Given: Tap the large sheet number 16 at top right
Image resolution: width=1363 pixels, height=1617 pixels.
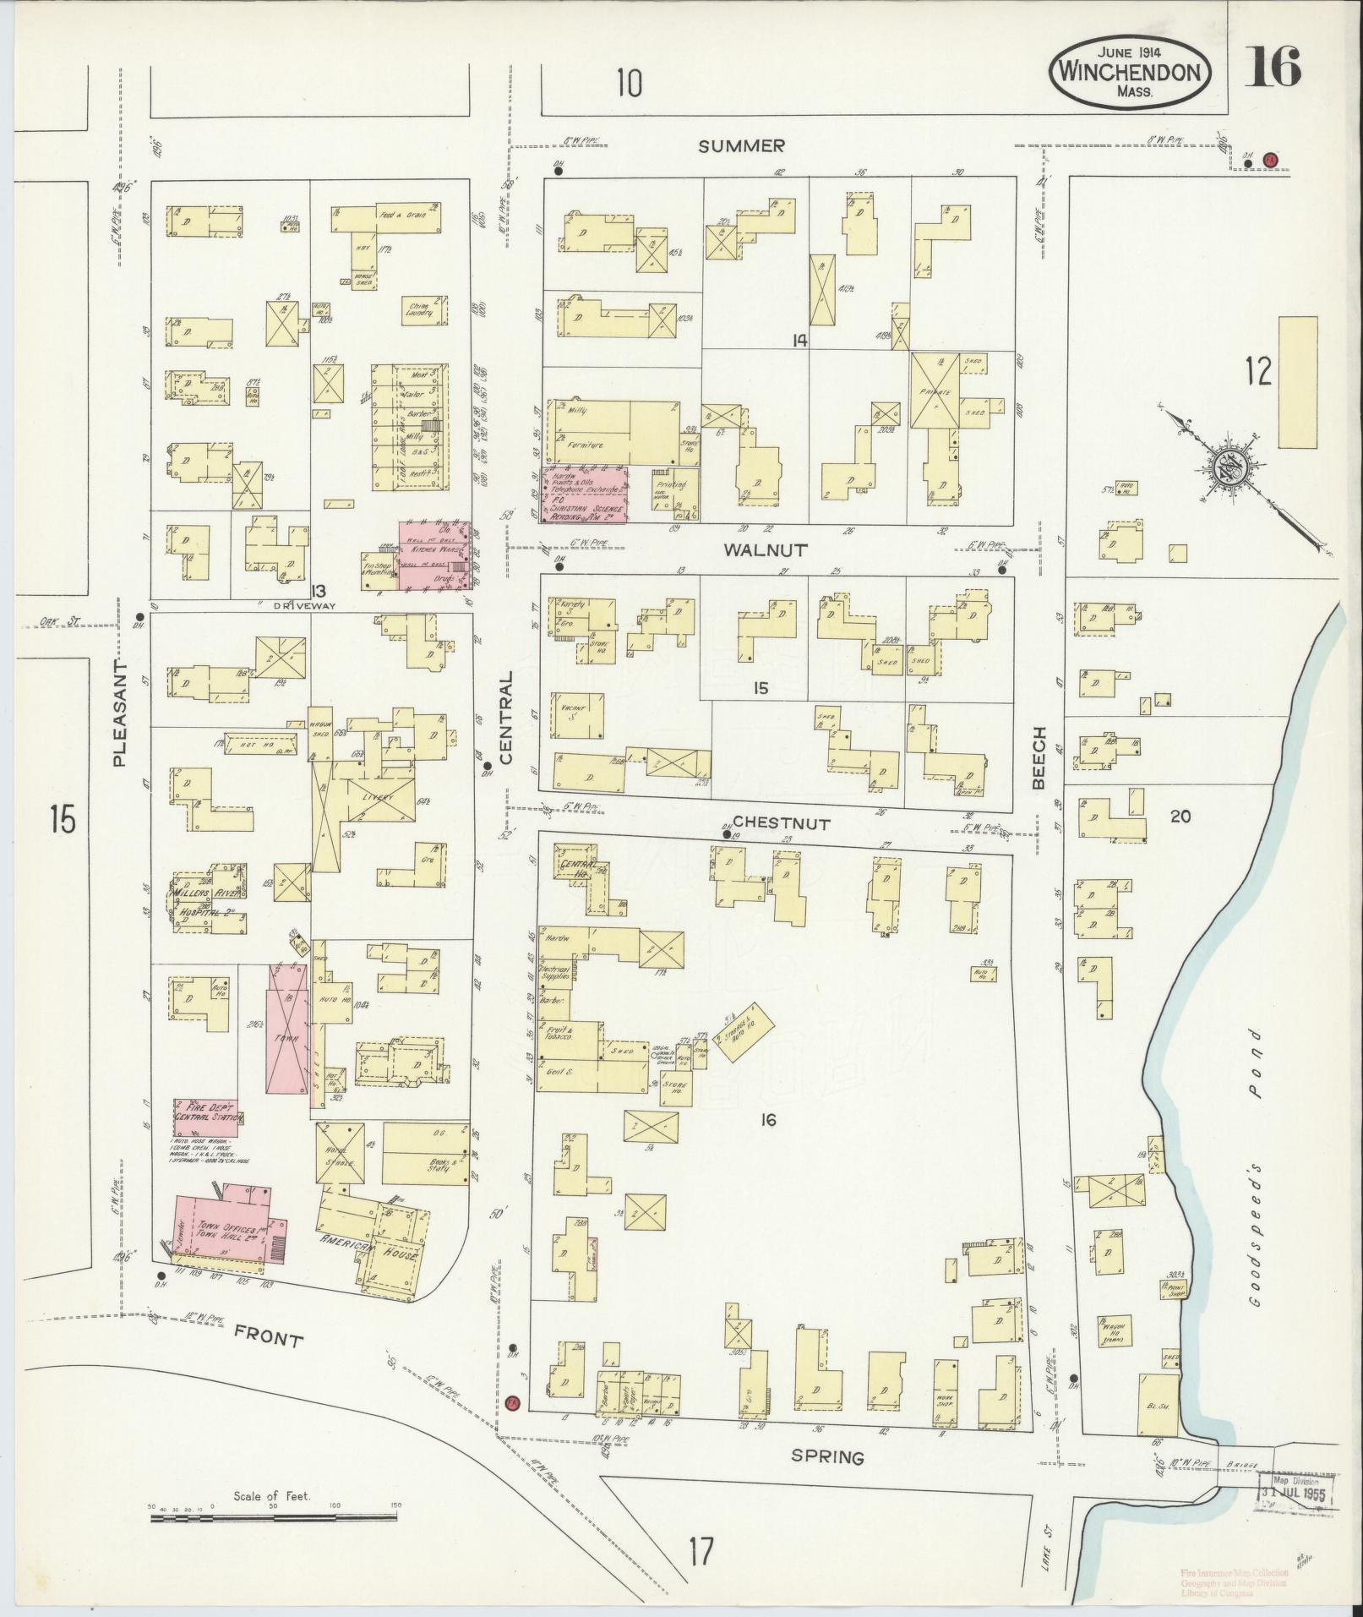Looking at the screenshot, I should tap(1271, 68).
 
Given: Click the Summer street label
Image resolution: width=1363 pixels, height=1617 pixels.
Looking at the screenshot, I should tap(741, 146).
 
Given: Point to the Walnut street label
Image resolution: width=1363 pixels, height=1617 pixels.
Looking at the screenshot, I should tap(765, 549).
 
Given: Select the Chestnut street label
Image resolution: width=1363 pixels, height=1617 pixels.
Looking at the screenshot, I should tap(782, 822).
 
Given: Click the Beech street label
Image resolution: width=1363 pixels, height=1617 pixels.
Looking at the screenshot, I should tap(1039, 758).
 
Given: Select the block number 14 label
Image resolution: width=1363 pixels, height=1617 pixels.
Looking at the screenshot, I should tap(799, 341).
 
